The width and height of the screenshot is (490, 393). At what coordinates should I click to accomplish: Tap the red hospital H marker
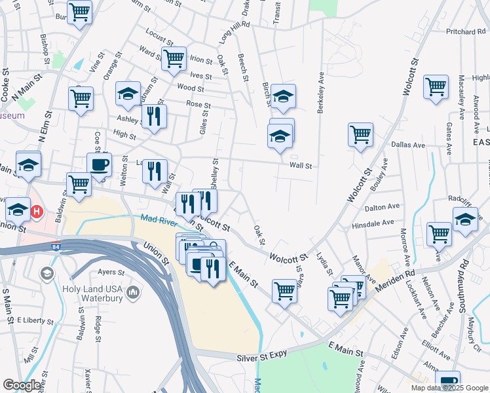click(x=37, y=212)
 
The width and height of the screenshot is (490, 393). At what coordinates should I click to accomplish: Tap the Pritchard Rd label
click(x=466, y=31)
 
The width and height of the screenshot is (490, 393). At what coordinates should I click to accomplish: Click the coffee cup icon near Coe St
click(x=99, y=165)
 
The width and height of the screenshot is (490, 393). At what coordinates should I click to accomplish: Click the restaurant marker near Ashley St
click(x=153, y=117)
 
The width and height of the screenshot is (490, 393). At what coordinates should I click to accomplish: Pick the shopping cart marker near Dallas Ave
click(x=360, y=134)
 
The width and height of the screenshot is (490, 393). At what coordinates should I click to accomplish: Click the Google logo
click(x=22, y=385)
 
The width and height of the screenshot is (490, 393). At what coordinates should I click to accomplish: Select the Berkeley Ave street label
click(x=321, y=92)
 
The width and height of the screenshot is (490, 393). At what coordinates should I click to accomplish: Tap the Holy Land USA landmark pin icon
click(x=133, y=290)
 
